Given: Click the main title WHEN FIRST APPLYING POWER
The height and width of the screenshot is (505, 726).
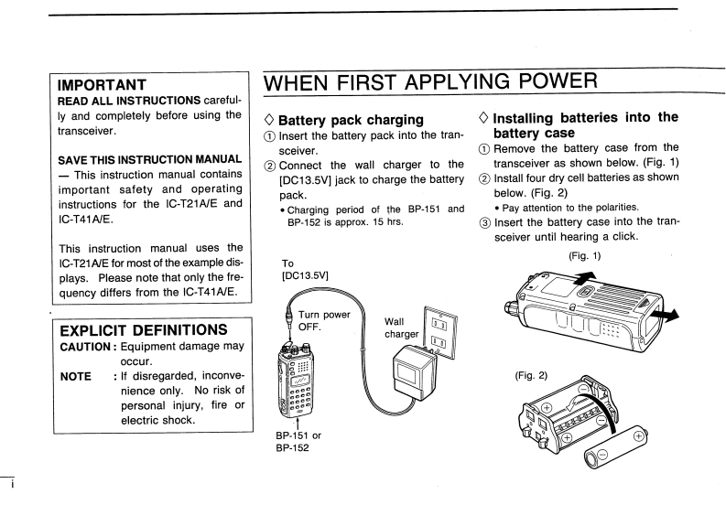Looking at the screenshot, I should pyautogui.click(x=431, y=83).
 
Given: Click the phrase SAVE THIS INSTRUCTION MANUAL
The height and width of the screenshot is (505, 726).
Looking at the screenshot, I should pyautogui.click(x=150, y=160).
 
